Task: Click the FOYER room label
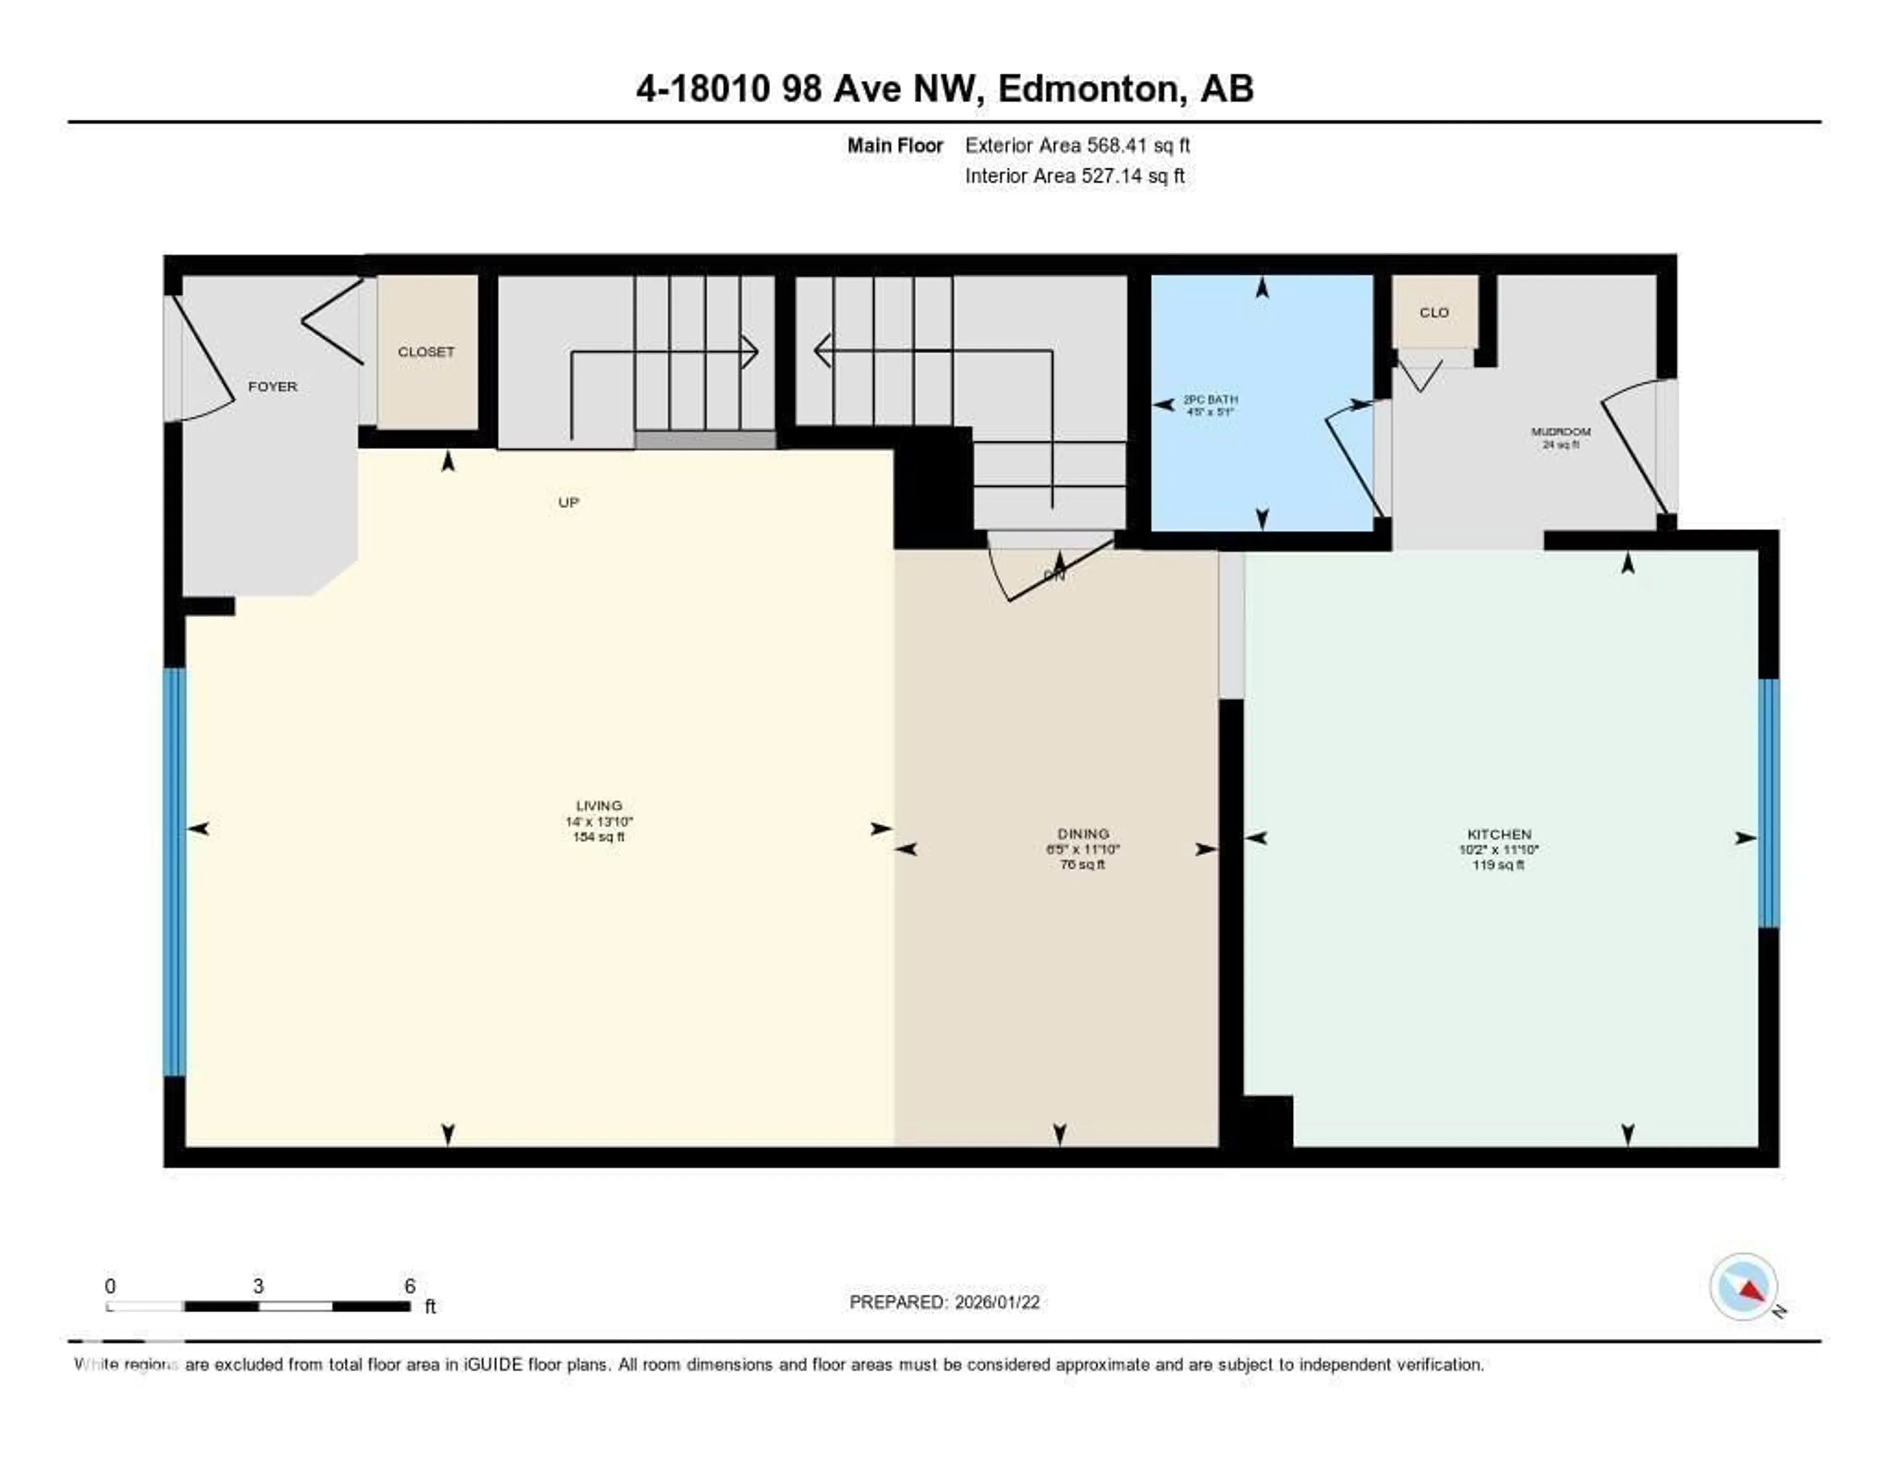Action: click(273, 387)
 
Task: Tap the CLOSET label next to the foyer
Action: click(426, 352)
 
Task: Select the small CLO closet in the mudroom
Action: click(1433, 312)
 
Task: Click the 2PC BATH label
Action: click(1210, 399)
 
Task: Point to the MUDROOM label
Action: click(1560, 431)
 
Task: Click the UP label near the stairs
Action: click(568, 502)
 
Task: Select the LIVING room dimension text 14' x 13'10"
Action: click(599, 821)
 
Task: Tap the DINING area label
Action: click(1083, 834)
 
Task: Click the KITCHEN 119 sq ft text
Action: click(1498, 865)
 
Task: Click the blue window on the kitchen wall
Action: click(1769, 803)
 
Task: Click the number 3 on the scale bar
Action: click(258, 1286)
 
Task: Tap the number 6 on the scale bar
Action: click(410, 1286)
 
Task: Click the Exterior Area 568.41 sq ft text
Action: click(1077, 145)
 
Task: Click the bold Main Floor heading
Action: click(894, 145)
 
